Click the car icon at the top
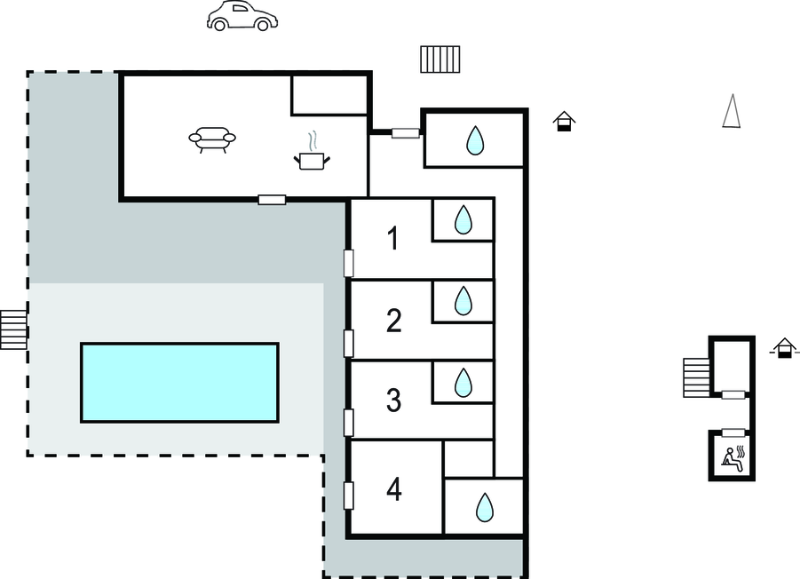[x=242, y=16]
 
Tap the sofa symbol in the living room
[x=212, y=139]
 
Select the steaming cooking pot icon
[x=311, y=156]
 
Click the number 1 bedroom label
[x=392, y=238]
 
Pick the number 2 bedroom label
[x=394, y=320]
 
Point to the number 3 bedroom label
[x=394, y=401]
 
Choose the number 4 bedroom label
[x=394, y=488]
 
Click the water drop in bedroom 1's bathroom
[x=463, y=219]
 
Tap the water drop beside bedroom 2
[x=463, y=301]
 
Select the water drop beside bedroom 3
[x=463, y=383]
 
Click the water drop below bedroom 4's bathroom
[x=484, y=507]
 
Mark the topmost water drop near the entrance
[x=475, y=139]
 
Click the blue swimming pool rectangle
[x=179, y=382]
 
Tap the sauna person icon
[x=733, y=457]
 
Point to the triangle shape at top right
[x=731, y=112]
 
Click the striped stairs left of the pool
[x=14, y=329]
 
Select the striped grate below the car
[x=440, y=59]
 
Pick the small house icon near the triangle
[x=563, y=122]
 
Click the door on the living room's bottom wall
[x=272, y=200]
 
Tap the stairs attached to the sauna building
[x=696, y=377]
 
